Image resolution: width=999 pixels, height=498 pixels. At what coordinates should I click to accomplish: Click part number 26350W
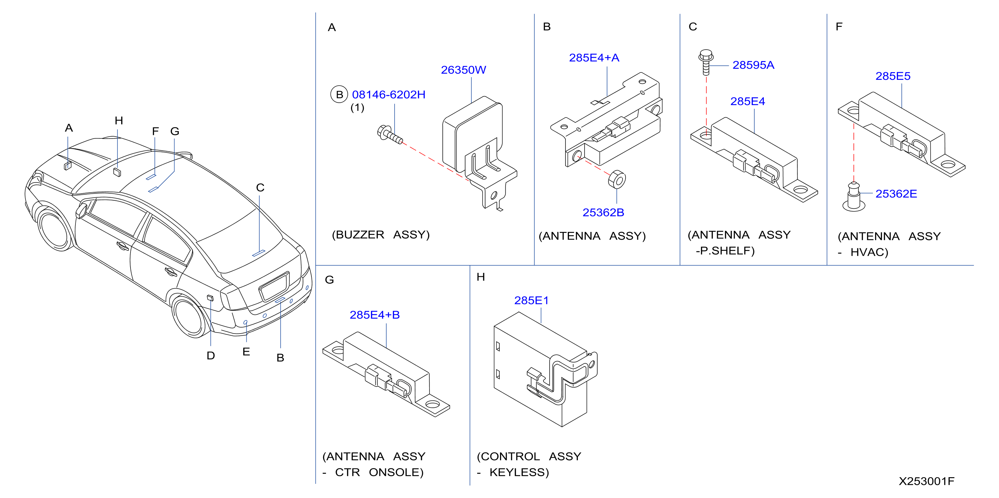click(463, 70)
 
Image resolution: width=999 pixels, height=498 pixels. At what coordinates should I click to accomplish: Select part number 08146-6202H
click(389, 95)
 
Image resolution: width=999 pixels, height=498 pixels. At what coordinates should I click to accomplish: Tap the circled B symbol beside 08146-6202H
click(339, 95)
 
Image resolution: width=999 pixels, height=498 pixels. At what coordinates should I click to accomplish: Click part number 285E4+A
click(594, 58)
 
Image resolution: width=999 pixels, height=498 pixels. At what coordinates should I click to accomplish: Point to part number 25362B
click(603, 212)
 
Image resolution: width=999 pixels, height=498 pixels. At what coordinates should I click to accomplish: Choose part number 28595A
click(753, 65)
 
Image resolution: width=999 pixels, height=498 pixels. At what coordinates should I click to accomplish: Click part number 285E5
click(893, 76)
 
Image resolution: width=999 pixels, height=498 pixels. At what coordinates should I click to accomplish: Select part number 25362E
click(896, 194)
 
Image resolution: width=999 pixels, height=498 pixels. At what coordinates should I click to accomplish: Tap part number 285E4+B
click(374, 315)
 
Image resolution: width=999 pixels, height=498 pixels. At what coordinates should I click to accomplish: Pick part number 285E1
click(531, 301)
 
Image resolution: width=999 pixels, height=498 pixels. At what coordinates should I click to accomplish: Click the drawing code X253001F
click(927, 481)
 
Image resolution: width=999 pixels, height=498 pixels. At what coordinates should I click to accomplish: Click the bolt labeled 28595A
click(706, 62)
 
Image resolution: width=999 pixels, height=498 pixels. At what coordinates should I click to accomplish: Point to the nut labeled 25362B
click(617, 179)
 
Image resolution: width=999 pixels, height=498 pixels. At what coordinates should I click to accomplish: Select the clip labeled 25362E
click(854, 197)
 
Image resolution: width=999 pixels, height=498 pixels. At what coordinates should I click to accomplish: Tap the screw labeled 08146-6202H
click(390, 135)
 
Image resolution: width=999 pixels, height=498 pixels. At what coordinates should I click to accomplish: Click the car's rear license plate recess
click(274, 287)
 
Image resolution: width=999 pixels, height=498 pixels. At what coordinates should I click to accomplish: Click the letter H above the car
click(119, 120)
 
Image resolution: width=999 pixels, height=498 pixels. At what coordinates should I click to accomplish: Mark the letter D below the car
click(211, 356)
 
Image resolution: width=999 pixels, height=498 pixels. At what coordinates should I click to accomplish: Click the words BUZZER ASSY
click(381, 235)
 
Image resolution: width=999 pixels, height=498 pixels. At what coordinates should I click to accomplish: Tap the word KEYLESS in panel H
click(519, 472)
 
